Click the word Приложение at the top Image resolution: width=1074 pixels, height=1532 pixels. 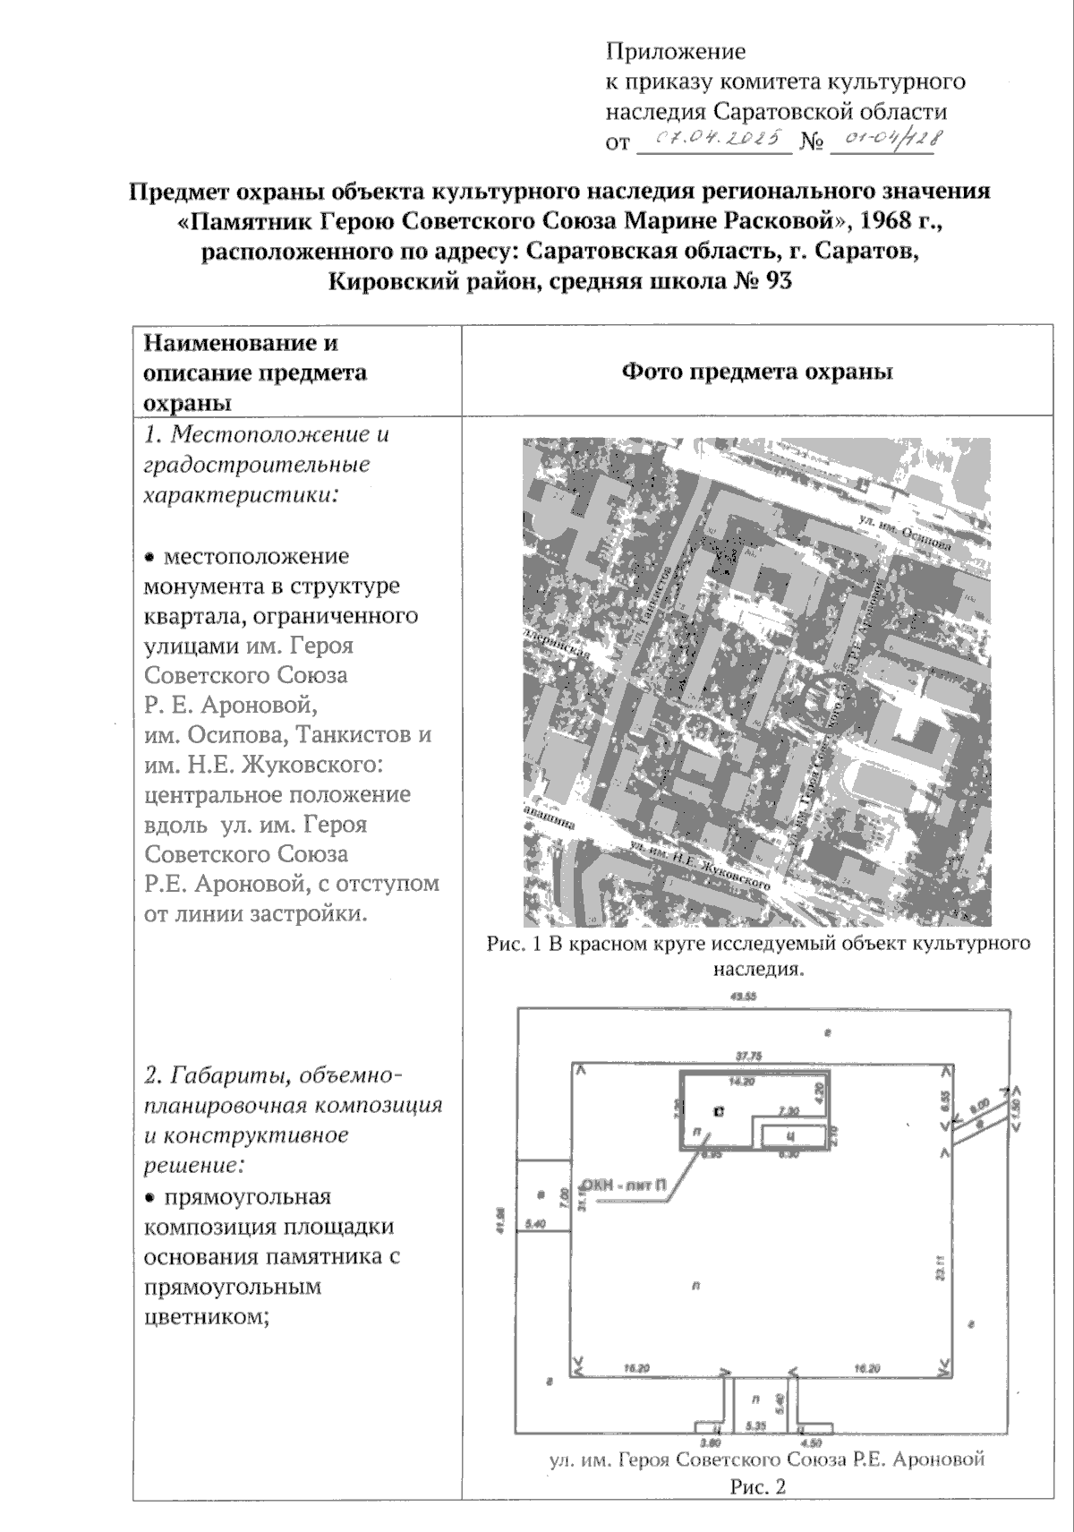pyautogui.click(x=676, y=51)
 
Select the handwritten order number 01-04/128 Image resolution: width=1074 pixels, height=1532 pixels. pyautogui.click(x=884, y=140)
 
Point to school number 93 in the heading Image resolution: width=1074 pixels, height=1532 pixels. pyautogui.click(x=778, y=282)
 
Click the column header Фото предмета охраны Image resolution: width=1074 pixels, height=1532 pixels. pyautogui.click(x=757, y=372)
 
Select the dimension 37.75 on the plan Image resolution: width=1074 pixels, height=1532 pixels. pyautogui.click(x=748, y=1057)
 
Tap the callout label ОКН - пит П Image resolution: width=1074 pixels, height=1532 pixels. pyautogui.click(x=624, y=1185)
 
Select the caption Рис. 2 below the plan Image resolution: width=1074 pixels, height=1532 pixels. pyautogui.click(x=758, y=1487)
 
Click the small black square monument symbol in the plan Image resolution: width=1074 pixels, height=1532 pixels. pyautogui.click(x=719, y=1111)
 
